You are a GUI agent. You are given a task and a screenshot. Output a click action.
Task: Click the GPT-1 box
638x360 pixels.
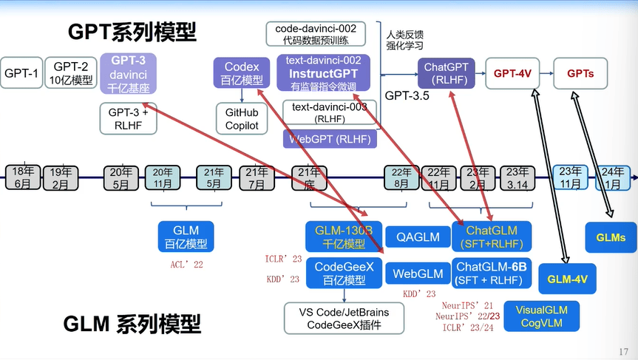tap(21, 73)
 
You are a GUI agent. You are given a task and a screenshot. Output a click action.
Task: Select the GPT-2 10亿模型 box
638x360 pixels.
tap(71, 73)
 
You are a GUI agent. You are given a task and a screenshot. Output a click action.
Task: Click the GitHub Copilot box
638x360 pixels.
tap(242, 119)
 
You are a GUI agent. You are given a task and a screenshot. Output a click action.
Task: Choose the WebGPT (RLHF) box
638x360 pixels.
tap(329, 138)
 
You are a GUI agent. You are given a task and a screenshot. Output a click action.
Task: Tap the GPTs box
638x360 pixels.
tap(580, 74)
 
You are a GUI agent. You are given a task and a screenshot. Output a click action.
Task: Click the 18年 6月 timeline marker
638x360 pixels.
tap(23, 177)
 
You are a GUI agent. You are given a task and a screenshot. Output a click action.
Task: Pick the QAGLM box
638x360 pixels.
tap(418, 237)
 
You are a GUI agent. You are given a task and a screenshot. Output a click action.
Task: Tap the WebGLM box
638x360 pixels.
tap(418, 274)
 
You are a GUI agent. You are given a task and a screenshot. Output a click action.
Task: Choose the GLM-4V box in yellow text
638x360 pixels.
tap(567, 279)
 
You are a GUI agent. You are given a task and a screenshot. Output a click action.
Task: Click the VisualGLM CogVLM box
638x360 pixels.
tap(540, 315)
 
